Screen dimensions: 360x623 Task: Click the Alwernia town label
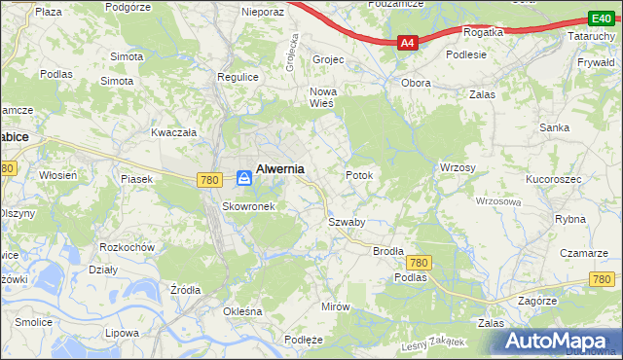[279, 168]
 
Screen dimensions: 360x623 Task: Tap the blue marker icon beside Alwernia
[244, 178]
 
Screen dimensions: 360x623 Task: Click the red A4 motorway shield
[408, 43]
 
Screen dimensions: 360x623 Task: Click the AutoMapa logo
[558, 341]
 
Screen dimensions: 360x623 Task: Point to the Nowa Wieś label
[322, 98]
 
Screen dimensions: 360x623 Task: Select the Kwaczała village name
[174, 131]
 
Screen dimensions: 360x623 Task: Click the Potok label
[359, 175]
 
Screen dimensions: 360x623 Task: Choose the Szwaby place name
[347, 222]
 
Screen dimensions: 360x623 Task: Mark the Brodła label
[388, 250]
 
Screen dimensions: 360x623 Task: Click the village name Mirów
[335, 306]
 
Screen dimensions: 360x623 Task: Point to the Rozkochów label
[128, 247]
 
